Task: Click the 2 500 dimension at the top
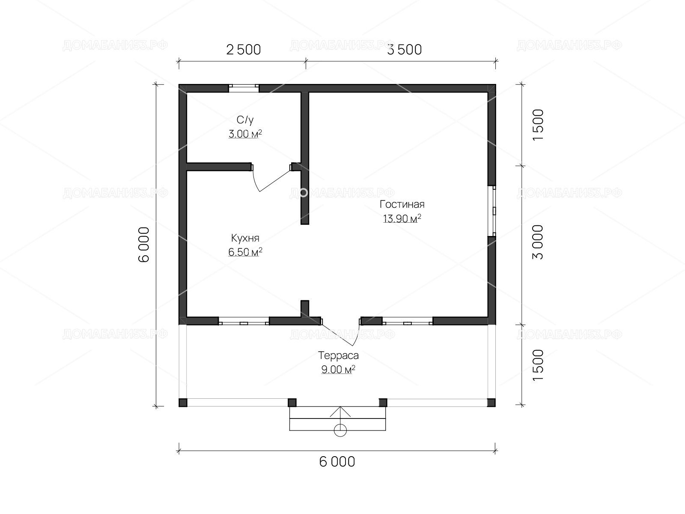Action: [244, 50]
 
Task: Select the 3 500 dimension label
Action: [405, 50]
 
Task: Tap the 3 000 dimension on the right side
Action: [538, 242]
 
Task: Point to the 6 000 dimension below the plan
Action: [337, 462]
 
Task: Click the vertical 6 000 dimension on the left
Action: [144, 244]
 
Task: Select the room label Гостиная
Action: [402, 204]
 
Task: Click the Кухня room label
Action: [245, 239]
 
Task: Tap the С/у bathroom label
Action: [245, 120]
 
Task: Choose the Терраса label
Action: [338, 356]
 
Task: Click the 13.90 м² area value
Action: [402, 218]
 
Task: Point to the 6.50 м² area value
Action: [245, 252]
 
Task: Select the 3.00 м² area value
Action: [245, 134]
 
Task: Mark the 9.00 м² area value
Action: [338, 370]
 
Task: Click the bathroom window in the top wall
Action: [244, 88]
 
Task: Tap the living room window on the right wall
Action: [492, 211]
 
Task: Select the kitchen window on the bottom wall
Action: [244, 321]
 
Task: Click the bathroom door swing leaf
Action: [275, 181]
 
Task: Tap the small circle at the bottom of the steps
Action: [340, 430]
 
